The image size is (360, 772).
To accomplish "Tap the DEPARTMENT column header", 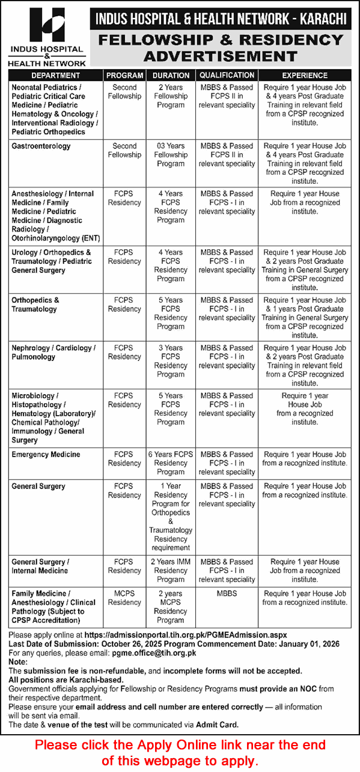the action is (55, 76).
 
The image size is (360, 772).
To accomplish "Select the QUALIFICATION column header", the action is (227, 76).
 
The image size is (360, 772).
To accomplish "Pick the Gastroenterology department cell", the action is (41, 146).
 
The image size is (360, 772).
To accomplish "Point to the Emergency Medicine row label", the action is (46, 454).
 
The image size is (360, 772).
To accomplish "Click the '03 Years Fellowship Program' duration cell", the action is (171, 154).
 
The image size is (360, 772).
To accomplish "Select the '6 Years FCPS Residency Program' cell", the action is (171, 463).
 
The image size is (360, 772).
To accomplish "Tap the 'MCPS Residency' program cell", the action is (124, 598).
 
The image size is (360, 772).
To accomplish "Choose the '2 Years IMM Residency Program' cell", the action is (171, 571).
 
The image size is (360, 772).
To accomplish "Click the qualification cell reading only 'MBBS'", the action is (227, 594).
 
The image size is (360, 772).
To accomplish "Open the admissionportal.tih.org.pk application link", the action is (186, 634).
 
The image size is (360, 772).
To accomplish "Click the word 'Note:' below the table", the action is (18, 661).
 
